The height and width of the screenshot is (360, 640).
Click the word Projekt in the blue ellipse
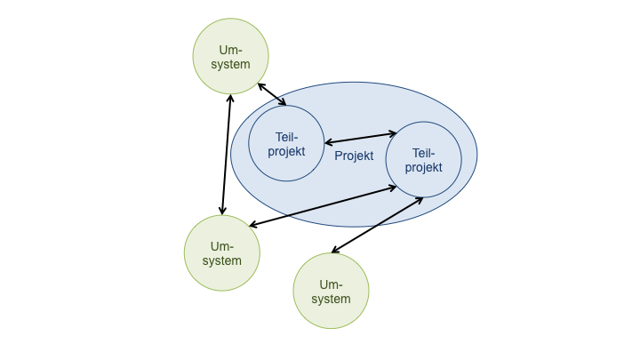[354, 156]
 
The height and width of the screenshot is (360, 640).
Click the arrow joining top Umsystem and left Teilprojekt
[272, 95]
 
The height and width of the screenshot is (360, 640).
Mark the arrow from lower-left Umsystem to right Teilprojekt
[322, 206]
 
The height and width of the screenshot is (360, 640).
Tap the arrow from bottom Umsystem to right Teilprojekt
[377, 225]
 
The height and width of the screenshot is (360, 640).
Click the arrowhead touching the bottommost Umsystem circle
[335, 251]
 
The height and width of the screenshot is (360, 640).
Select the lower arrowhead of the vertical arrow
[221, 211]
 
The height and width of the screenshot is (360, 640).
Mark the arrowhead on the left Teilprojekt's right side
[328, 142]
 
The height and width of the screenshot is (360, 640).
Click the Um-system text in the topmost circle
[230, 57]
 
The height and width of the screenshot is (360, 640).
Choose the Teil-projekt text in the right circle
[423, 160]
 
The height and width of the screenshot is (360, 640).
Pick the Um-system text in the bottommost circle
[331, 292]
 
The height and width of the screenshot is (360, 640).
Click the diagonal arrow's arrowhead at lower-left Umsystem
[253, 225]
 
